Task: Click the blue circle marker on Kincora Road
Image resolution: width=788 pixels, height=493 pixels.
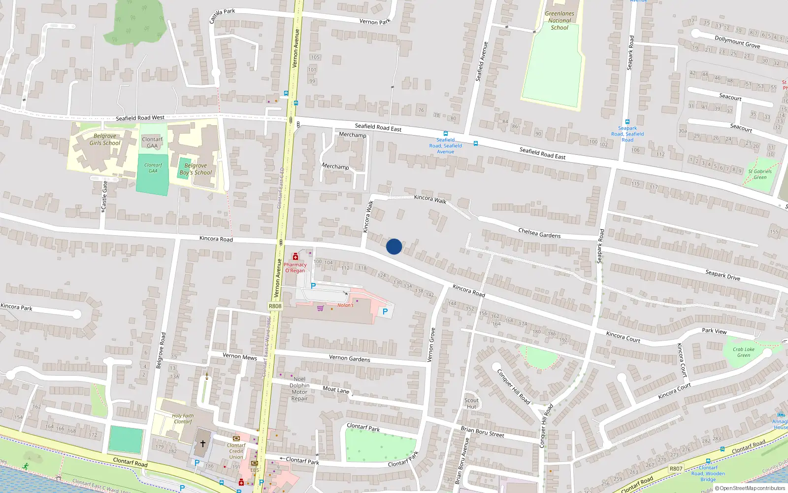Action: click(x=394, y=246)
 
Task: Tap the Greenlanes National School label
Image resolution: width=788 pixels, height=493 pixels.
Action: click(x=559, y=21)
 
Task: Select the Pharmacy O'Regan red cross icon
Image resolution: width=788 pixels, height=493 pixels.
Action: click(x=295, y=256)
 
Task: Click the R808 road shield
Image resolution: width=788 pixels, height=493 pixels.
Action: click(x=275, y=306)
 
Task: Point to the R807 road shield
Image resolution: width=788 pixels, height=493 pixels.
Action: click(x=676, y=469)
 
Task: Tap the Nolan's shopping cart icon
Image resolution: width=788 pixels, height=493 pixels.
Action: click(x=321, y=309)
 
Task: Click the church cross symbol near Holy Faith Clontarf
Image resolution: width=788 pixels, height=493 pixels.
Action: click(x=202, y=443)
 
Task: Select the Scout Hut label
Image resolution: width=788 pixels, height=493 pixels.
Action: click(x=471, y=403)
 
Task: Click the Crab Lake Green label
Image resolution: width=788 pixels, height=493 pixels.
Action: click(x=744, y=352)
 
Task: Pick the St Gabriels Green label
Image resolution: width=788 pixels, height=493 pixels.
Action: click(x=760, y=174)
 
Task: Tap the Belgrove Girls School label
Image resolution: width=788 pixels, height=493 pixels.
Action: click(x=105, y=140)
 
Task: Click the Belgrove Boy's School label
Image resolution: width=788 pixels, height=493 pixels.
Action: click(x=196, y=169)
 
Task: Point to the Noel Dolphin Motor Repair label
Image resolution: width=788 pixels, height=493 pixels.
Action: click(x=299, y=388)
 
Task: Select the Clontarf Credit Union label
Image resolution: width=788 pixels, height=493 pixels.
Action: click(x=236, y=451)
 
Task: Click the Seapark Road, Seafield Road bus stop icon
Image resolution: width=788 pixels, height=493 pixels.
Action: click(x=627, y=121)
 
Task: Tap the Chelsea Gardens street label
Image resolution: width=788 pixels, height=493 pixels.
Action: click(x=539, y=233)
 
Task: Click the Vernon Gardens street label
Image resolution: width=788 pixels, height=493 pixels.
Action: click(x=349, y=358)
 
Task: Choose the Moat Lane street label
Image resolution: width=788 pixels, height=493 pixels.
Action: click(x=336, y=389)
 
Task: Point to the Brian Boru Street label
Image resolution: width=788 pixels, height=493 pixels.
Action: click(x=482, y=431)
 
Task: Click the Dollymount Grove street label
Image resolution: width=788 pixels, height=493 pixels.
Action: click(x=737, y=41)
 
